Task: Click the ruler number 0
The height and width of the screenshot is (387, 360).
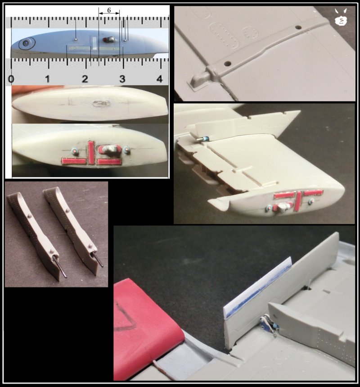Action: (x=11, y=79)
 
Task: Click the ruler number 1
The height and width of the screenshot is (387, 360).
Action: (x=48, y=79)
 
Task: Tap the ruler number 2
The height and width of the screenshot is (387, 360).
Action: (x=85, y=79)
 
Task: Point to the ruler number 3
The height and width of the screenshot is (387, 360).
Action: (x=122, y=79)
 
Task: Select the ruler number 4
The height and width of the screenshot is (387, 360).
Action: (x=160, y=79)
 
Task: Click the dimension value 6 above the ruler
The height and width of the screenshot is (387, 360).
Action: (x=109, y=10)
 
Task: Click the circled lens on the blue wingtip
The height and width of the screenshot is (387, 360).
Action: (x=27, y=43)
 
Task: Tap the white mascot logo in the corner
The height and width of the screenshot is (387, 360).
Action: (x=341, y=17)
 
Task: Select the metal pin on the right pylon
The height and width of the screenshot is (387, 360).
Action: (x=98, y=260)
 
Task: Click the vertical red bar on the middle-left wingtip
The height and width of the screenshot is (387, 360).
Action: (x=91, y=153)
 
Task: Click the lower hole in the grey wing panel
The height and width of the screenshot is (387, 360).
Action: (x=227, y=64)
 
